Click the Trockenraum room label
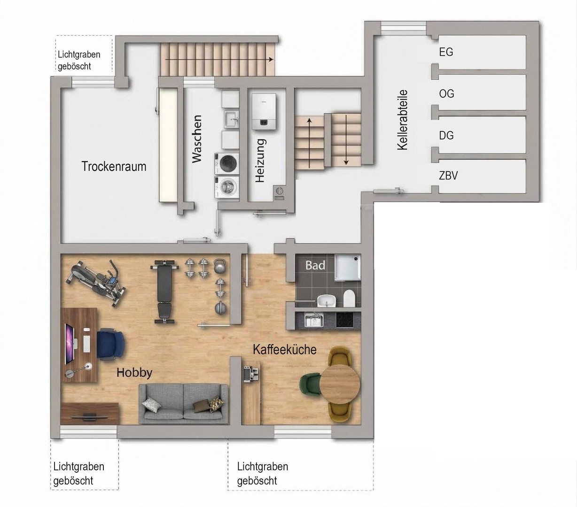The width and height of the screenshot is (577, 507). coord(114,167)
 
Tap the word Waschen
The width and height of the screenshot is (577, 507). coord(197,139)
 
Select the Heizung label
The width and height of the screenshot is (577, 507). coord(260,161)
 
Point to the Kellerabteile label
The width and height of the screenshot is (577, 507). coord(402,120)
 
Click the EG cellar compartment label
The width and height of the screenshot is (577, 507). coord(446,52)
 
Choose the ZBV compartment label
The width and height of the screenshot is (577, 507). coord(448,176)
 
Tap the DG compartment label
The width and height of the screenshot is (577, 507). coord(446,135)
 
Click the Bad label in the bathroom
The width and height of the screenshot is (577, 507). coord(315,265)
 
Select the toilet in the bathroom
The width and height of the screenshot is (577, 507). coord(349,298)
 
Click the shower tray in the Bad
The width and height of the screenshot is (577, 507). coord(347,268)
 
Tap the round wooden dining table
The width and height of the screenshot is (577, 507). coord(339,384)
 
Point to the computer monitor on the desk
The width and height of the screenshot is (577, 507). coord(69,344)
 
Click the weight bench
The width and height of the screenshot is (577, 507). coord(164,292)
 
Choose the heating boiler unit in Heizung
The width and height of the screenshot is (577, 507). coord(264,112)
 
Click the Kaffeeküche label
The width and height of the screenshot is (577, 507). coord(285,350)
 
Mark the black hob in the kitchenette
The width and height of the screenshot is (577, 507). coord(344,320)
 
